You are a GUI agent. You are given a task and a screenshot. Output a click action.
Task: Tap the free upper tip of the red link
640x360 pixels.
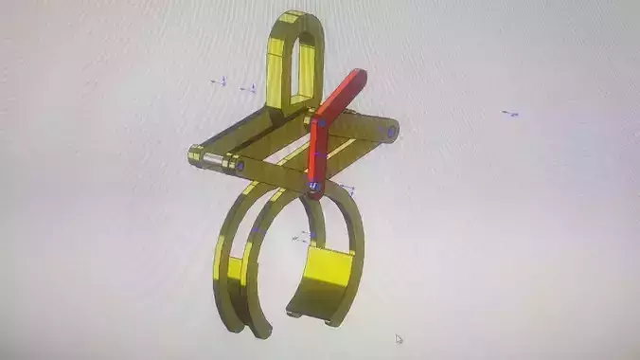pos(356,76)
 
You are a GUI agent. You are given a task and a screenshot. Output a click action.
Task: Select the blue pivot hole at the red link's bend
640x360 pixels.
pos(320,122)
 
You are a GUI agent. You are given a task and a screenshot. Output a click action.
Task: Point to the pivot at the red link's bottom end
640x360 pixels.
pos(313,188)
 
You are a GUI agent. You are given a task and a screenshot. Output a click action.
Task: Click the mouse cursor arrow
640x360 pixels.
pos(399,338)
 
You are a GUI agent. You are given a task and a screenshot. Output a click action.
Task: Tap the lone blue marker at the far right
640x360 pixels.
pos(511,114)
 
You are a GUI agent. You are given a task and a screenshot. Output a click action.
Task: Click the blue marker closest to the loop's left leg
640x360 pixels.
pos(252,89)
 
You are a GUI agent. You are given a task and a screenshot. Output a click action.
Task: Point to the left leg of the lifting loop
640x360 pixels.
pos(277,71)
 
